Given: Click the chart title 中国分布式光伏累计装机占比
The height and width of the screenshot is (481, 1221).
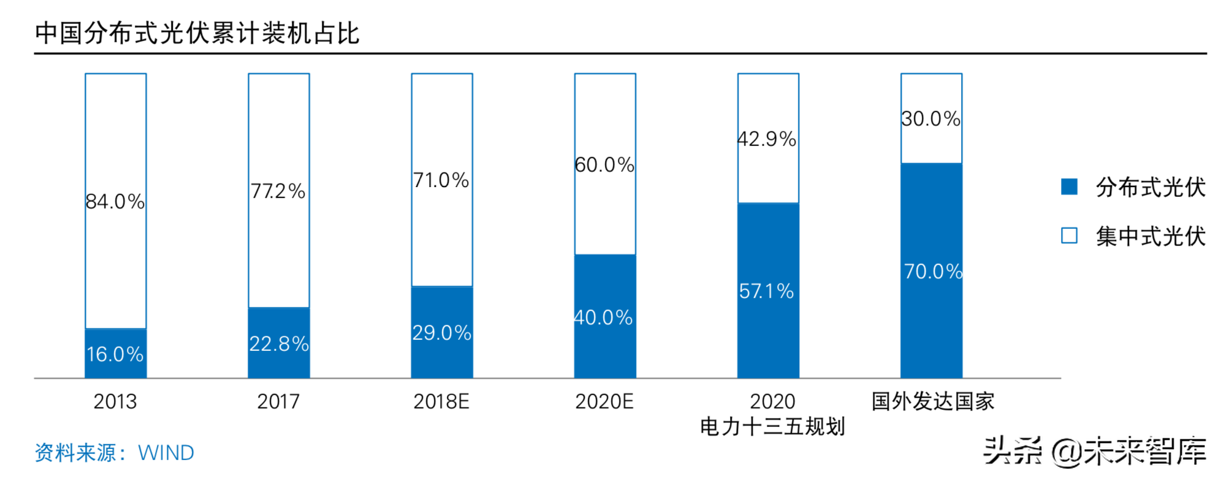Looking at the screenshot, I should pos(197,33).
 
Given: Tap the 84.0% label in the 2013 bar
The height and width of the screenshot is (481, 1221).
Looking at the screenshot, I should pos(115,201).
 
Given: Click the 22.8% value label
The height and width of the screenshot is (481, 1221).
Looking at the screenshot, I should pos(278,344).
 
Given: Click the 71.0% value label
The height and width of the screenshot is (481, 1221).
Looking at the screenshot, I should pos(441,180).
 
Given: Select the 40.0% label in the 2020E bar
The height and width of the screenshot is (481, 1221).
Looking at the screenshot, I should pos(603,317).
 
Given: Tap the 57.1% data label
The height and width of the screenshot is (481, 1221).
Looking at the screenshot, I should pos(766,291).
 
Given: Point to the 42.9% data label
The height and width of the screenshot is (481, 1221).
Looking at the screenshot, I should pos(767,139).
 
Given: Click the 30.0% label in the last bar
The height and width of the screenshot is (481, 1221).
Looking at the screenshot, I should pos(930,118).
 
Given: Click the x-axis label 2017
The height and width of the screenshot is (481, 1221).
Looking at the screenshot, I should pos(278,401).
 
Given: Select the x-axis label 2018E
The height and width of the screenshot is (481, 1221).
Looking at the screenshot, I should pos(441,401).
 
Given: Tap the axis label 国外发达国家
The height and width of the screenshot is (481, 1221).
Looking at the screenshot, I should pos(932,401).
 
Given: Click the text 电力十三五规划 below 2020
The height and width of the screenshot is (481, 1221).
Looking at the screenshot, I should pos(772,426).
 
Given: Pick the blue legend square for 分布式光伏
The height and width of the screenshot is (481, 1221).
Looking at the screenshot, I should pos(1069,187).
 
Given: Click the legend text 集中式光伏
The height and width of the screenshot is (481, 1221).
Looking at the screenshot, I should pos(1150,236).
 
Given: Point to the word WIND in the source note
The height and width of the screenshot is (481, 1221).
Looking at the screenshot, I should pos(165,453).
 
